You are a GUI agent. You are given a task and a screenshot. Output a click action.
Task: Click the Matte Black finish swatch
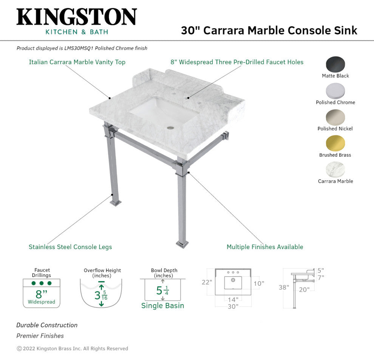(335, 64)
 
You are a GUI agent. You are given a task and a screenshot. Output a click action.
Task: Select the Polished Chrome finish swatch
(335, 91)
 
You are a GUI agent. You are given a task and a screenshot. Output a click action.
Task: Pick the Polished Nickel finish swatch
(335, 117)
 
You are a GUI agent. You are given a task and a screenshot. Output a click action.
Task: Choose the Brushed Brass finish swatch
(335, 143)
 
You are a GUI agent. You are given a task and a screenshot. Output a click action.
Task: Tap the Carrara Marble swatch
(335, 169)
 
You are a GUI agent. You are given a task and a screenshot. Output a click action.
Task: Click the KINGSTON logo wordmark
(76, 17)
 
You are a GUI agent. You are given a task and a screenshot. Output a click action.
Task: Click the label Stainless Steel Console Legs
(70, 247)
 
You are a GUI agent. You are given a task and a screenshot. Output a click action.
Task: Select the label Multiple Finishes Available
(265, 247)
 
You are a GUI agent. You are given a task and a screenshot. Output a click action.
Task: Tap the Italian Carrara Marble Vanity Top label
(77, 62)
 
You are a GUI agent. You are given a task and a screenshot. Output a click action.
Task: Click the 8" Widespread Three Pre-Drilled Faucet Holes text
(237, 62)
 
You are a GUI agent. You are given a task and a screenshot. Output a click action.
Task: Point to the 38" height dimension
(283, 288)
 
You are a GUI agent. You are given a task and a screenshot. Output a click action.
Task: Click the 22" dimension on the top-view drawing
(206, 282)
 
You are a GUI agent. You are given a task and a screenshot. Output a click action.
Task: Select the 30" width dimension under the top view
(233, 306)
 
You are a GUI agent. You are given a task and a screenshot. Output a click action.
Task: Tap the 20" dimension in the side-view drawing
(304, 289)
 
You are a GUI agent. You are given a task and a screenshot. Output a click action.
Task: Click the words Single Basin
(162, 306)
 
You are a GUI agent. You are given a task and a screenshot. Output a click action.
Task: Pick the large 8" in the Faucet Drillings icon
(41, 294)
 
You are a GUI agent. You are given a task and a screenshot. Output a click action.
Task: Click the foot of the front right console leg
(182, 245)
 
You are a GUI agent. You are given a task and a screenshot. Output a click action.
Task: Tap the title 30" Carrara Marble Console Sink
(269, 30)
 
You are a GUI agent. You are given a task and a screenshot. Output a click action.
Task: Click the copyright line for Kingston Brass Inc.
(72, 349)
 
